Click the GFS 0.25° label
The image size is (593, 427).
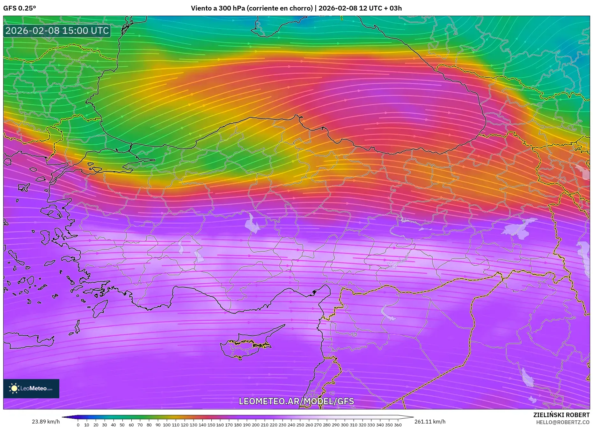point(19,8)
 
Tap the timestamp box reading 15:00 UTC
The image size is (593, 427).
point(57,31)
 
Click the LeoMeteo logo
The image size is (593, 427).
point(31,388)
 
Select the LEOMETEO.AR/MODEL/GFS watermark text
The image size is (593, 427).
point(296,401)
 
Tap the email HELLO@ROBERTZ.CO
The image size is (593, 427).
point(562,422)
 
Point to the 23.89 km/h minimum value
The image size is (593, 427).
point(46,422)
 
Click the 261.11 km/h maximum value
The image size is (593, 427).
point(430,422)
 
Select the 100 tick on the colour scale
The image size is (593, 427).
point(167,425)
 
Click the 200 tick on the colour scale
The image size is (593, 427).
point(256,425)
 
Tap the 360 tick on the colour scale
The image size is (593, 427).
point(398,425)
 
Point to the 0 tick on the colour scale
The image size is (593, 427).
point(78,425)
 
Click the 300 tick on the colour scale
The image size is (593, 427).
point(344,425)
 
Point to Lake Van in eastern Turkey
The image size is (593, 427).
point(520,227)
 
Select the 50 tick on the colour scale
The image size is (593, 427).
point(122,425)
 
